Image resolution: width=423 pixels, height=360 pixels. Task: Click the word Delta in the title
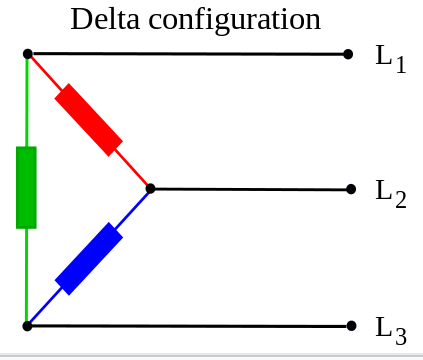[x=105, y=19]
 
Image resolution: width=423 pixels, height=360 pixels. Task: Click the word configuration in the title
[x=235, y=22]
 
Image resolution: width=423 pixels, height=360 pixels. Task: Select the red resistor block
[x=89, y=120]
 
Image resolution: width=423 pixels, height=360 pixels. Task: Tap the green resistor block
[x=26, y=187]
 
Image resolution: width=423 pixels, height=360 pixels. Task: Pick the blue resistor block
[x=89, y=259]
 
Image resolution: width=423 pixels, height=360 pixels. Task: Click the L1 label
[x=391, y=59]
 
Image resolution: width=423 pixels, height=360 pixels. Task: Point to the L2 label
[x=391, y=194]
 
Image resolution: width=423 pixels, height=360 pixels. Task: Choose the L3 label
[x=391, y=331]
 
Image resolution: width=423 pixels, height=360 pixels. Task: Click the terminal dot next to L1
[x=348, y=54]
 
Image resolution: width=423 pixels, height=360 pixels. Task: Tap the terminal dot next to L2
[x=351, y=189]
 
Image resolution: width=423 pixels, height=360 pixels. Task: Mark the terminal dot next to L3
[x=351, y=326]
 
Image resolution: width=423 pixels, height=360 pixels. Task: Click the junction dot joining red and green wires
[x=28, y=53]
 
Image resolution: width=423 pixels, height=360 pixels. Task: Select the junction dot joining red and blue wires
[x=150, y=189]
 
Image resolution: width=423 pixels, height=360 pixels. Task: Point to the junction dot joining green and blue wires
[x=27, y=326]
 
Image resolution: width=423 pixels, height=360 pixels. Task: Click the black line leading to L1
[x=188, y=54]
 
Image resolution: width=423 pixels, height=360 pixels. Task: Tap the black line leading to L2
[x=250, y=189]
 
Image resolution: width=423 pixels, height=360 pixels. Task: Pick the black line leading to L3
[x=189, y=326]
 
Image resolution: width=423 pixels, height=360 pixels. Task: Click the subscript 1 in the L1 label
[x=401, y=64]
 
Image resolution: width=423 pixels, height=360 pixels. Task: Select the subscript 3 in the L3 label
[x=401, y=336]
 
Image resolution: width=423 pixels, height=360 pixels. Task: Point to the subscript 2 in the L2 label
[x=401, y=200]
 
